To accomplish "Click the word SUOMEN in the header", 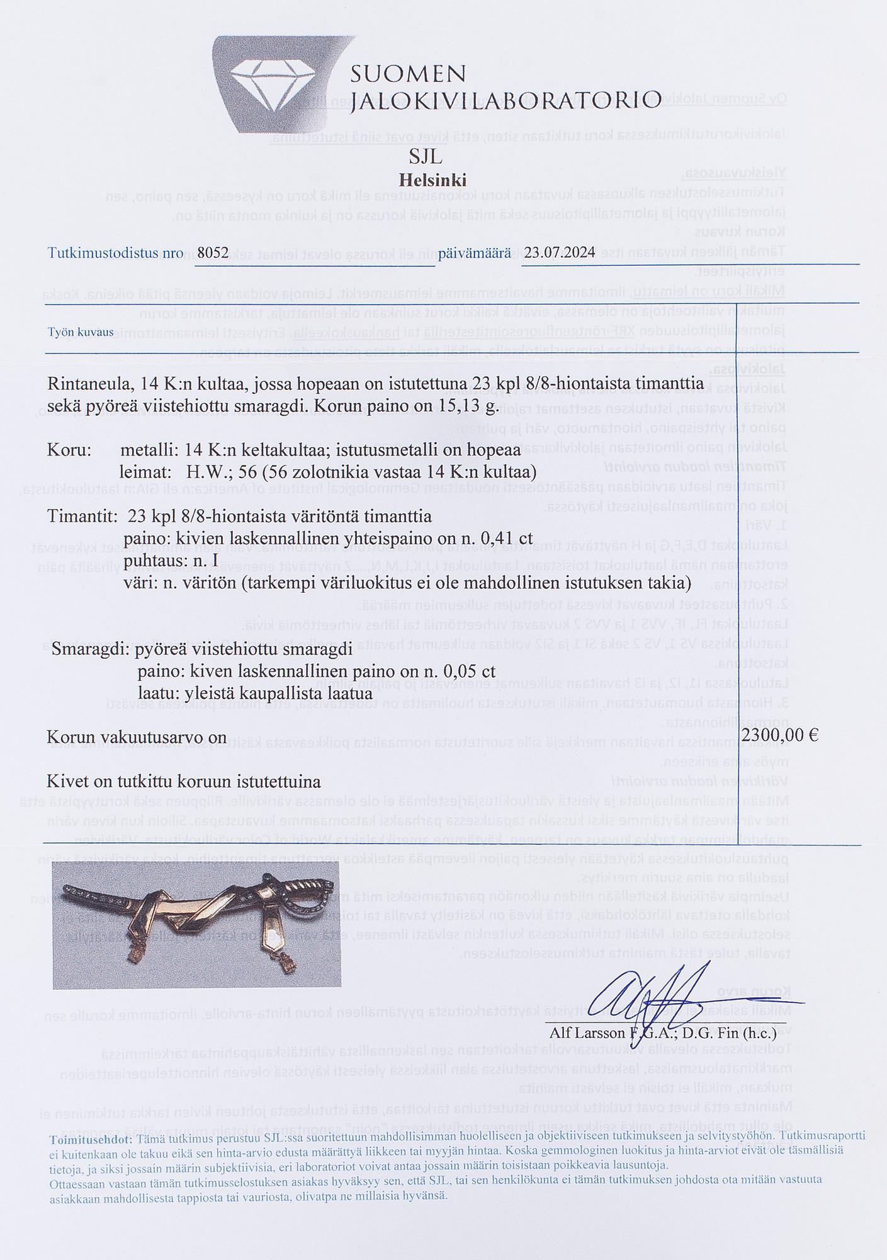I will (408, 74).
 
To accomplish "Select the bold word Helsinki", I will (433, 180).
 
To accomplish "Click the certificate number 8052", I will (212, 253).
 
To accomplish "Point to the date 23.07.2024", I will (560, 253).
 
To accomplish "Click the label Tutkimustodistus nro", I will (115, 253).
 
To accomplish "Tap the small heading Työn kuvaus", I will (81, 332).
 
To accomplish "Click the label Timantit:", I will (82, 517).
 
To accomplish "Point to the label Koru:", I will (70, 451).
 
